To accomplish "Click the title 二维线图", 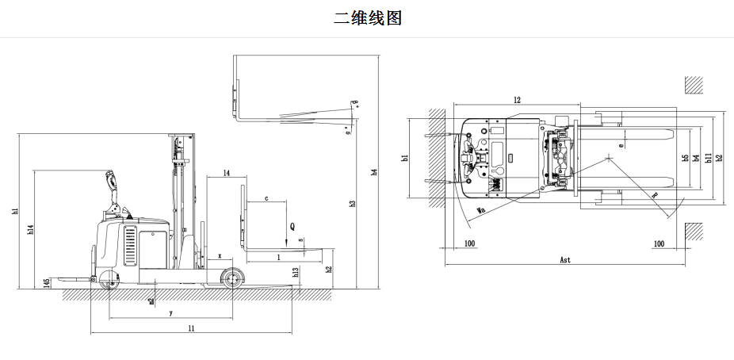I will (x=367, y=17).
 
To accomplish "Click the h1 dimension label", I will (x=14, y=212).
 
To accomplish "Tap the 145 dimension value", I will (x=47, y=282).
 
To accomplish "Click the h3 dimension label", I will (x=352, y=204).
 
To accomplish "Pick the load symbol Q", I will (x=292, y=226).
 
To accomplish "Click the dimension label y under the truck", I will (x=170, y=313).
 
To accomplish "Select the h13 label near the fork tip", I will (x=295, y=272).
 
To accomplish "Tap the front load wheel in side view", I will (x=232, y=278).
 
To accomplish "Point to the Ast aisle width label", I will (x=564, y=259).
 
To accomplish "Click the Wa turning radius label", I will (x=480, y=211).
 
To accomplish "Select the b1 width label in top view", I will (x=404, y=158).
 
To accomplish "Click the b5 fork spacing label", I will (x=685, y=158).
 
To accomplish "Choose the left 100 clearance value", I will (x=469, y=243).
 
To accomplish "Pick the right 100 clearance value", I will (x=658, y=243).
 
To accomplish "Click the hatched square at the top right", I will (x=694, y=85).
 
